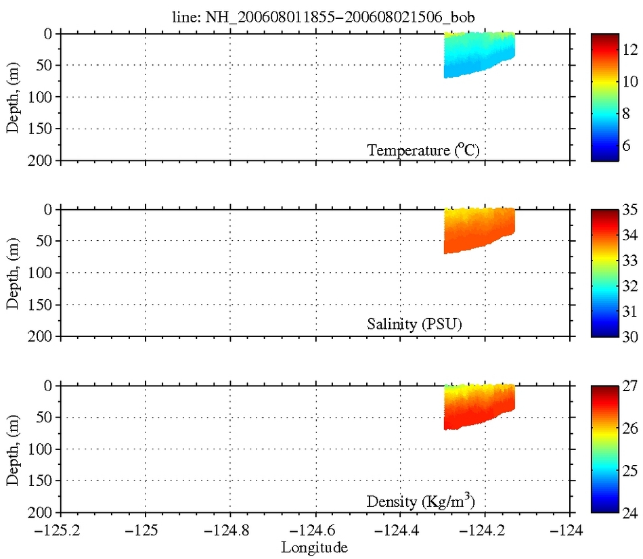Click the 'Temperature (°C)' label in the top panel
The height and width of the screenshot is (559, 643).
pos(423,150)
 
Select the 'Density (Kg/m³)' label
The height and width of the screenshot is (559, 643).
pos(424,501)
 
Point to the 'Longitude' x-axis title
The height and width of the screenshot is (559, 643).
pos(315,547)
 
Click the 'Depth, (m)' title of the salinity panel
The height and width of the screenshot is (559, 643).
pos(13,273)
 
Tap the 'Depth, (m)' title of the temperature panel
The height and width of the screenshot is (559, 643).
pos(13,97)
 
